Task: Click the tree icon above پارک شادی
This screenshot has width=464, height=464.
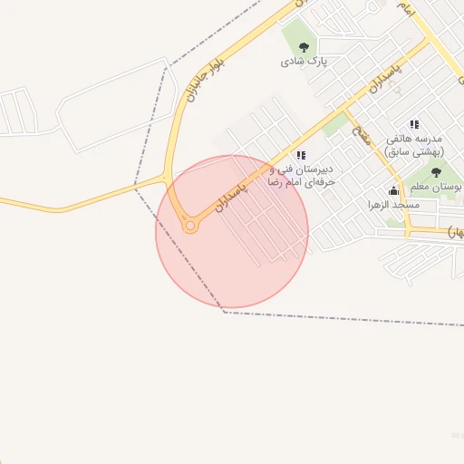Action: click(x=304, y=47)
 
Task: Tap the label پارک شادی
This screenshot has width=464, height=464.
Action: click(x=303, y=62)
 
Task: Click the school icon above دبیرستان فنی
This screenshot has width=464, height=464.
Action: click(x=301, y=155)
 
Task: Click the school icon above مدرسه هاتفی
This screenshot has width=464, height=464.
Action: click(x=414, y=124)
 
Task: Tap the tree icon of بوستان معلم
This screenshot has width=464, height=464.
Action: click(x=436, y=172)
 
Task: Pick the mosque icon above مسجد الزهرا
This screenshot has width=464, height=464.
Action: click(x=393, y=190)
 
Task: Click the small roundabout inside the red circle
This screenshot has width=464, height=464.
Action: click(x=189, y=226)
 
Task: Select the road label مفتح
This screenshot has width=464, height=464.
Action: click(x=360, y=134)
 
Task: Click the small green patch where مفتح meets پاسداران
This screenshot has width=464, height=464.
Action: click(x=335, y=123)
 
